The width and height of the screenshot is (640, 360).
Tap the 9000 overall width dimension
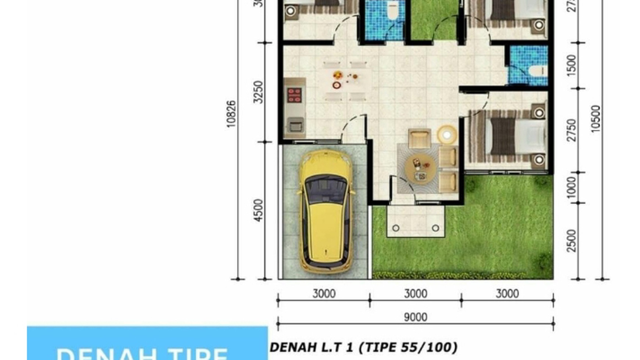(415, 317)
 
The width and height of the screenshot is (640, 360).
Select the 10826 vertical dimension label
(231, 114)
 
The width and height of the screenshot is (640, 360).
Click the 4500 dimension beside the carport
(259, 210)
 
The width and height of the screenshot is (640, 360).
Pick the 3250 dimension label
(259, 92)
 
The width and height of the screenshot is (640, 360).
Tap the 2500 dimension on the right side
(571, 240)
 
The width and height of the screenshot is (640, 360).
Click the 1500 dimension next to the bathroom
(571, 65)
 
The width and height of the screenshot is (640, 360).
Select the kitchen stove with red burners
(294, 95)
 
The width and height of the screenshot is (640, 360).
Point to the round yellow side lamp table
(447, 135)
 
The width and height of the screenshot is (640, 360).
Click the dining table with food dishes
(345, 81)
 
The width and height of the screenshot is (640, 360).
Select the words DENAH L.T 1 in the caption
(313, 347)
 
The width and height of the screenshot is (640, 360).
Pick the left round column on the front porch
(396, 228)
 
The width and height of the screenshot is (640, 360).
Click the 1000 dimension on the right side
(571, 188)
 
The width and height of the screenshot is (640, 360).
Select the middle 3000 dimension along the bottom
(415, 293)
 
